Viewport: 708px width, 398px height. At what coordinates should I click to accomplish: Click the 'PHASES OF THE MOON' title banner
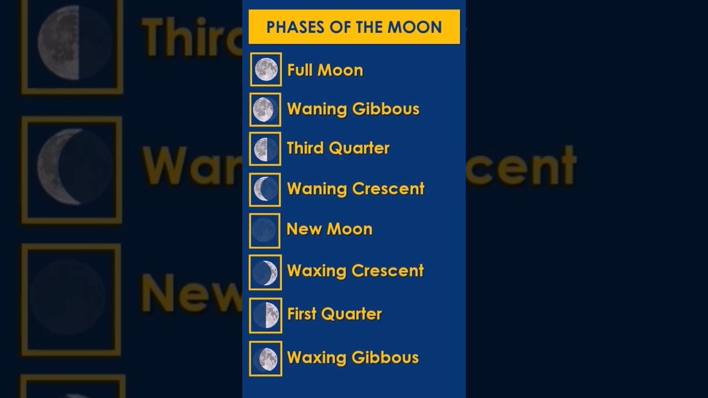point(354,27)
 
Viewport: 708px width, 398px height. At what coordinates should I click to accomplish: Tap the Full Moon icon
point(266,70)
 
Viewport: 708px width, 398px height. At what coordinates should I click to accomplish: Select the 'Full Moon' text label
point(325,70)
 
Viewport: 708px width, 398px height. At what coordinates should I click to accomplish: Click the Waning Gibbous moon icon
point(265,109)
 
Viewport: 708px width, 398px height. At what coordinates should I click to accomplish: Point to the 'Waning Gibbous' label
point(353,109)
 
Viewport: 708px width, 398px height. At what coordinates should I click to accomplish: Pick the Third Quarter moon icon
point(265,149)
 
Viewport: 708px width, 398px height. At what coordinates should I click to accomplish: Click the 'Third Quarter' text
point(338,148)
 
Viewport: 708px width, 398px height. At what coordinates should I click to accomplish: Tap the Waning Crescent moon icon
point(265,190)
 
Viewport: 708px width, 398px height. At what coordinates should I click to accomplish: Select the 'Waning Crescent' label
point(355,188)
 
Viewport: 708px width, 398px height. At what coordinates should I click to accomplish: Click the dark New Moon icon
point(264,231)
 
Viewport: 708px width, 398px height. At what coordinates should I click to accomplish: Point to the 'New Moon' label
point(329,229)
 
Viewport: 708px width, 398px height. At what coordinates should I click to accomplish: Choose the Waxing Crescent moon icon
point(265,273)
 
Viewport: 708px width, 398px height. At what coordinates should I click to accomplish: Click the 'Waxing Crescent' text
point(355,270)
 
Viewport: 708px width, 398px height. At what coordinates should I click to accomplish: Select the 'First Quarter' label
point(334,314)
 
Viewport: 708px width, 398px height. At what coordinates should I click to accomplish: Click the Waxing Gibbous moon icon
point(265,359)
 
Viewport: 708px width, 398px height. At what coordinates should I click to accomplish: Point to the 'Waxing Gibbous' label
point(352,358)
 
